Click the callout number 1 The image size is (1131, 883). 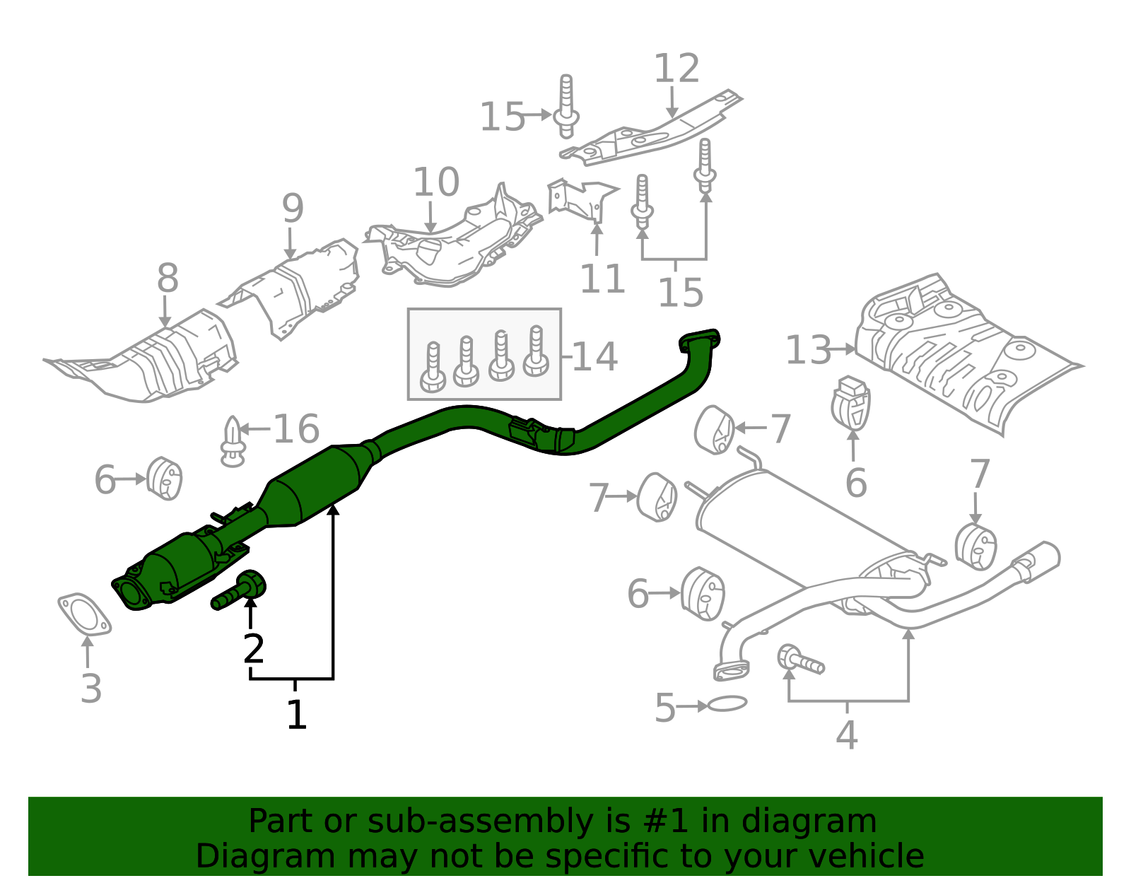coord(296,715)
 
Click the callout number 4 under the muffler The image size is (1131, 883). coord(846,735)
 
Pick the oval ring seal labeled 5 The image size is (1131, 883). coord(727,703)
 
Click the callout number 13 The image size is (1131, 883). coord(809,350)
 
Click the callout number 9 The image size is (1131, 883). coord(293,209)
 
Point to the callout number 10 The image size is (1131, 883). coord(435,182)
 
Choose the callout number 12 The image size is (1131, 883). coord(676,69)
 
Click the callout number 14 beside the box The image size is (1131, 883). coord(594,356)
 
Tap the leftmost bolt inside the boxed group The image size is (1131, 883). coord(433,368)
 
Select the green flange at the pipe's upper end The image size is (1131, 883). coord(699,341)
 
